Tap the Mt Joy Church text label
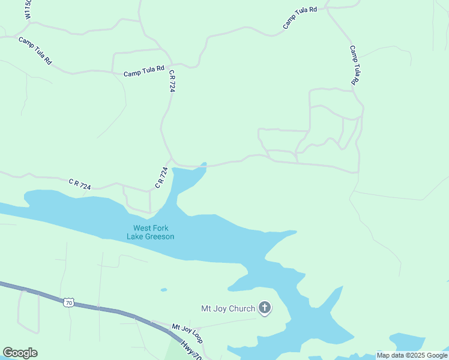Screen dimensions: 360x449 228,309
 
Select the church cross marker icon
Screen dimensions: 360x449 264,309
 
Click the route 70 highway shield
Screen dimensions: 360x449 70,303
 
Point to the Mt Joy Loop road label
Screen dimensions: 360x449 187,333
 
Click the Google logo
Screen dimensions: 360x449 20,353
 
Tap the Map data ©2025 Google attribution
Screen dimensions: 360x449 412,355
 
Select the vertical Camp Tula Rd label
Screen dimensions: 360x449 355,65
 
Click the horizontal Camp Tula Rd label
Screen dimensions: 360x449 144,73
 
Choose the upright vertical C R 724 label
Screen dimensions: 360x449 172,80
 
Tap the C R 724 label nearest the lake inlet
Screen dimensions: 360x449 161,178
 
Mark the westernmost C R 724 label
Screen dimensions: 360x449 79,184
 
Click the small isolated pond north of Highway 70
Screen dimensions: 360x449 164,290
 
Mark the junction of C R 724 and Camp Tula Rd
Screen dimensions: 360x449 171,64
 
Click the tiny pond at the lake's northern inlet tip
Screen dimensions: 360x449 204,164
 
